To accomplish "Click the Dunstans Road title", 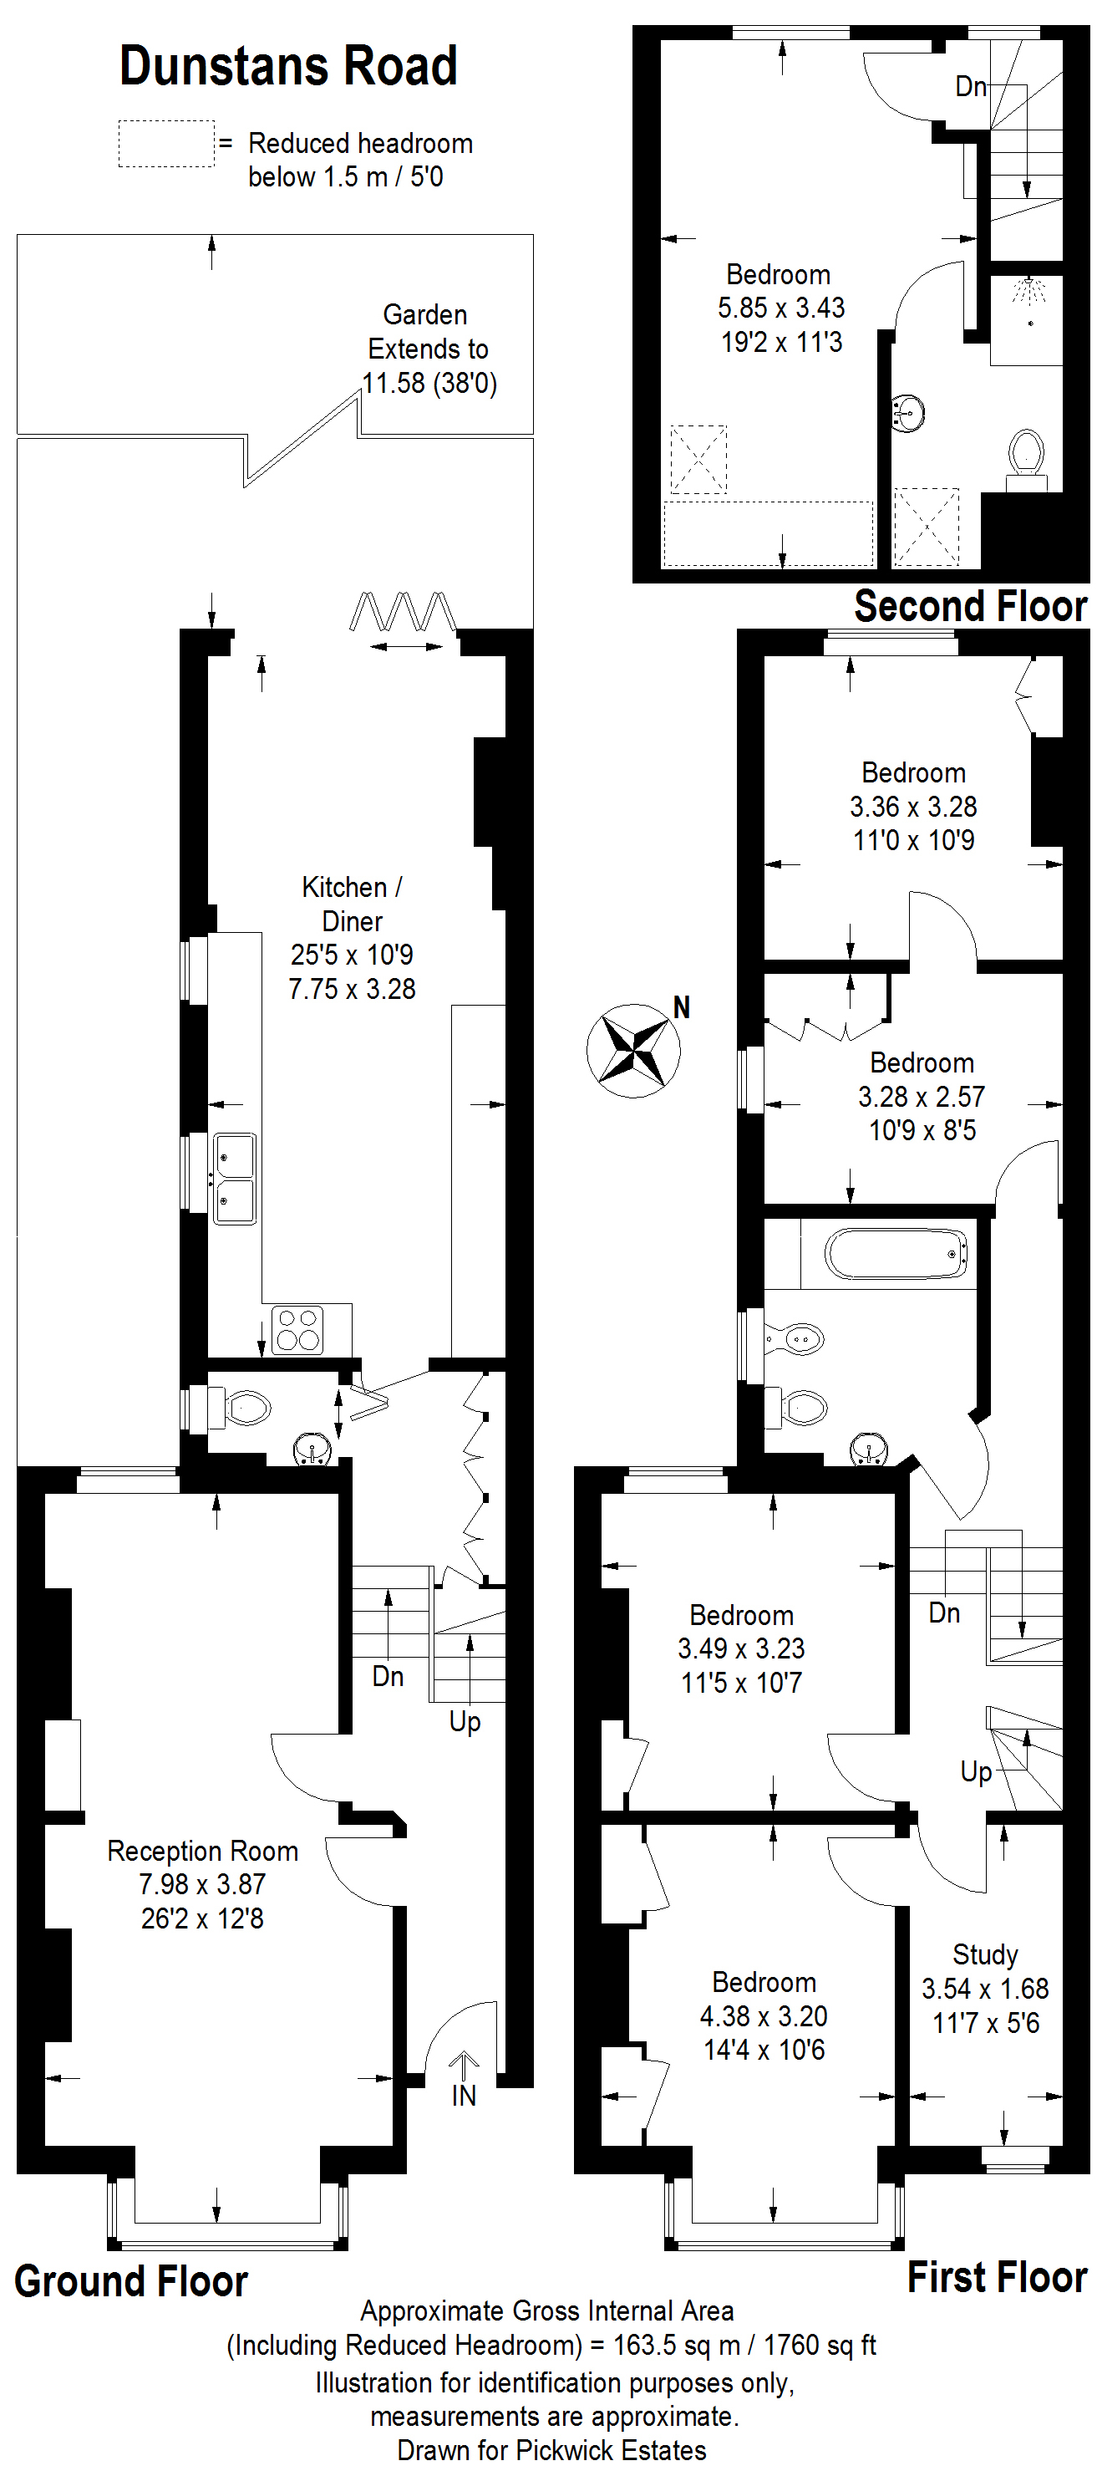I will pyautogui.click(x=287, y=66).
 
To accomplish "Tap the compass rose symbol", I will pyautogui.click(x=633, y=1049).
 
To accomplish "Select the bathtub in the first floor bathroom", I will pyautogui.click(x=896, y=1254).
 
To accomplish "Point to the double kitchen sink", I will pyautogui.click(x=235, y=1178).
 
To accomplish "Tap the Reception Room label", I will pyautogui.click(x=202, y=1851).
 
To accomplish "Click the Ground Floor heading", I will pyautogui.click(x=131, y=2281).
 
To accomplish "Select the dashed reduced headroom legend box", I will pyautogui.click(x=166, y=144).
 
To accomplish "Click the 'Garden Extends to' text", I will pyautogui.click(x=427, y=332).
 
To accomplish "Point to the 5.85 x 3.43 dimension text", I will pyautogui.click(x=780, y=308).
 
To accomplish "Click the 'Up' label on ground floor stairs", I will pyautogui.click(x=465, y=1722).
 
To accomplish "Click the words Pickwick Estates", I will pyautogui.click(x=611, y=2450).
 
